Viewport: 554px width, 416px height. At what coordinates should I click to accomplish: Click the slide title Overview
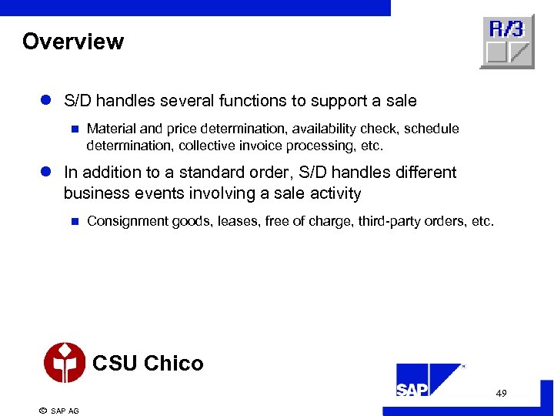73,42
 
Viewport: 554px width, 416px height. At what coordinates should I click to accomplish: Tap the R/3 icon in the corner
506,42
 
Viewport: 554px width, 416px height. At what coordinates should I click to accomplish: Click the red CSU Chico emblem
65,362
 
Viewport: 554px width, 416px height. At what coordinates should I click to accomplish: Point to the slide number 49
501,394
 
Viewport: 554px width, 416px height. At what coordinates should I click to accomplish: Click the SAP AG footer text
65,411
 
